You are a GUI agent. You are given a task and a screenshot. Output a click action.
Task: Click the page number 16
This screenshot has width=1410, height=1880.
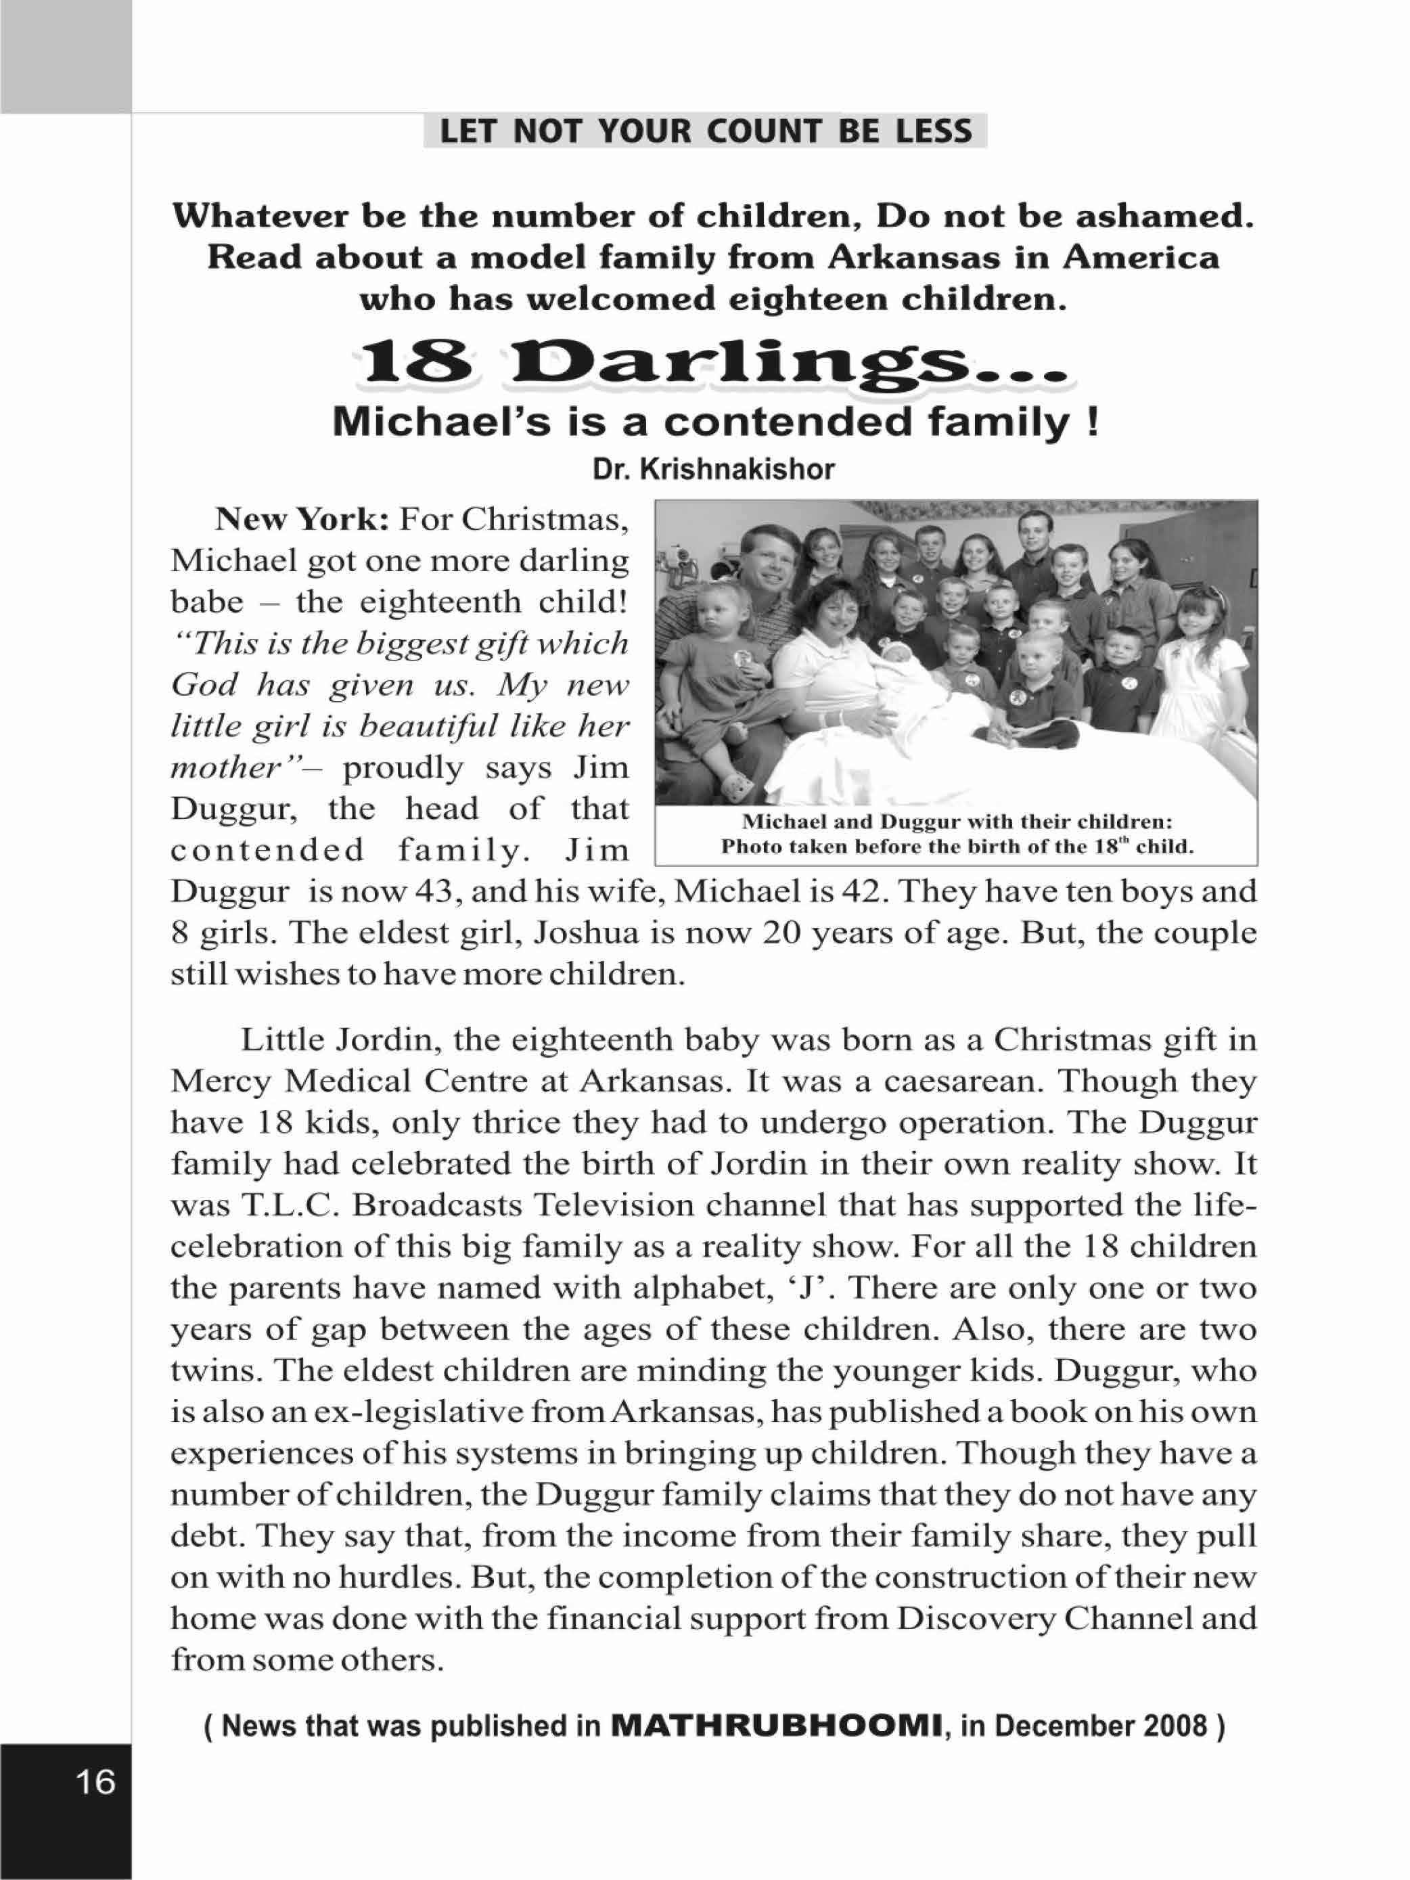point(95,1781)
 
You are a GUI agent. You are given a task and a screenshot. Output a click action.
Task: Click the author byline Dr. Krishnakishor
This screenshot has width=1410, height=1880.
point(714,469)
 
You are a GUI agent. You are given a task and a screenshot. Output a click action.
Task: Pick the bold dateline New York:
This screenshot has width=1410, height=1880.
point(302,518)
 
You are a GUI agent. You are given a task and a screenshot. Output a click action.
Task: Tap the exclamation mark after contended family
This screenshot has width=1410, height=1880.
point(1092,422)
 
